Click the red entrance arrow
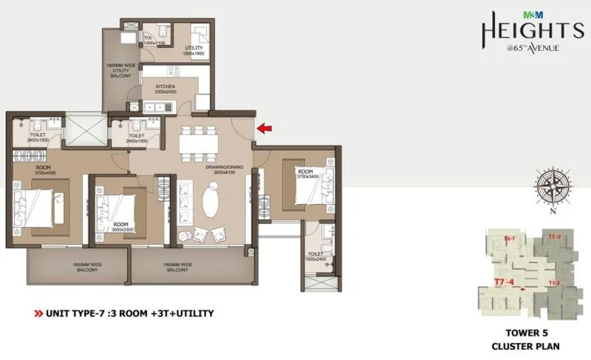click(x=264, y=129)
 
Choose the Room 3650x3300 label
click(x=121, y=226)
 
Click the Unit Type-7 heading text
click(x=130, y=313)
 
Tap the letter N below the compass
click(x=553, y=212)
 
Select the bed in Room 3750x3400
click(x=308, y=194)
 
